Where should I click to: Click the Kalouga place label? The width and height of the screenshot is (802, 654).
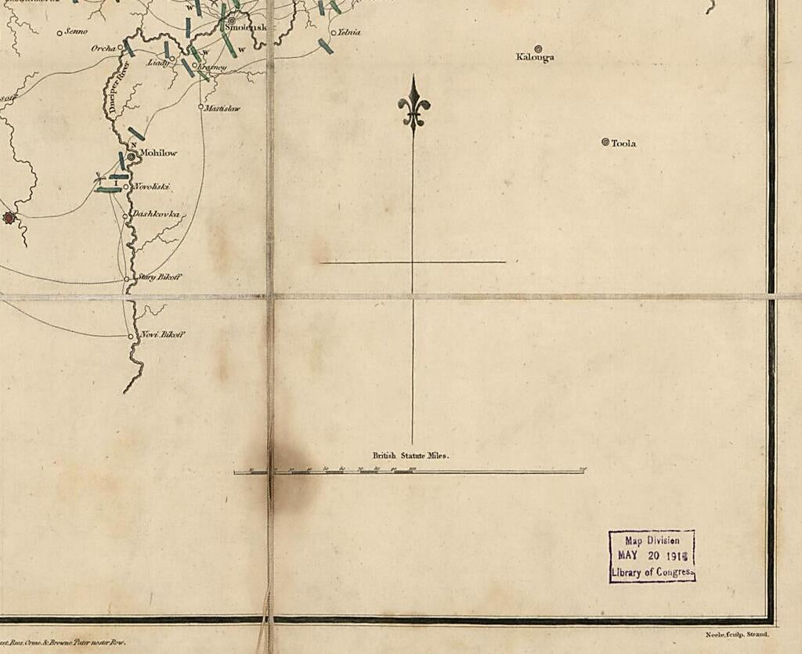pyautogui.click(x=535, y=57)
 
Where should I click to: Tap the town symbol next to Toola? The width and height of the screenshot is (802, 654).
pyautogui.click(x=605, y=142)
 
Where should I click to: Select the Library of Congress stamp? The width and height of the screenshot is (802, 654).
pyautogui.click(x=652, y=556)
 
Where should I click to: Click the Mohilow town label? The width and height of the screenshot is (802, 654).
pyautogui.click(x=158, y=153)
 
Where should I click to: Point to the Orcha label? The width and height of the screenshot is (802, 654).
pyautogui.click(x=103, y=49)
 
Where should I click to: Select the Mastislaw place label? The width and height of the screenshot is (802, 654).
pyautogui.click(x=222, y=108)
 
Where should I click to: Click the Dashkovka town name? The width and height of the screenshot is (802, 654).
pyautogui.click(x=156, y=214)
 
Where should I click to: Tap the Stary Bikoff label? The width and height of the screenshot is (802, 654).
pyautogui.click(x=160, y=276)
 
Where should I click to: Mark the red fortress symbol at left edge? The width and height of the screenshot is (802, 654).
pyautogui.click(x=9, y=217)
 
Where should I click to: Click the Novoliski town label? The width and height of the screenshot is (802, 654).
pyautogui.click(x=152, y=186)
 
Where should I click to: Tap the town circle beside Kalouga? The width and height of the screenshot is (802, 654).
pyautogui.click(x=537, y=48)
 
